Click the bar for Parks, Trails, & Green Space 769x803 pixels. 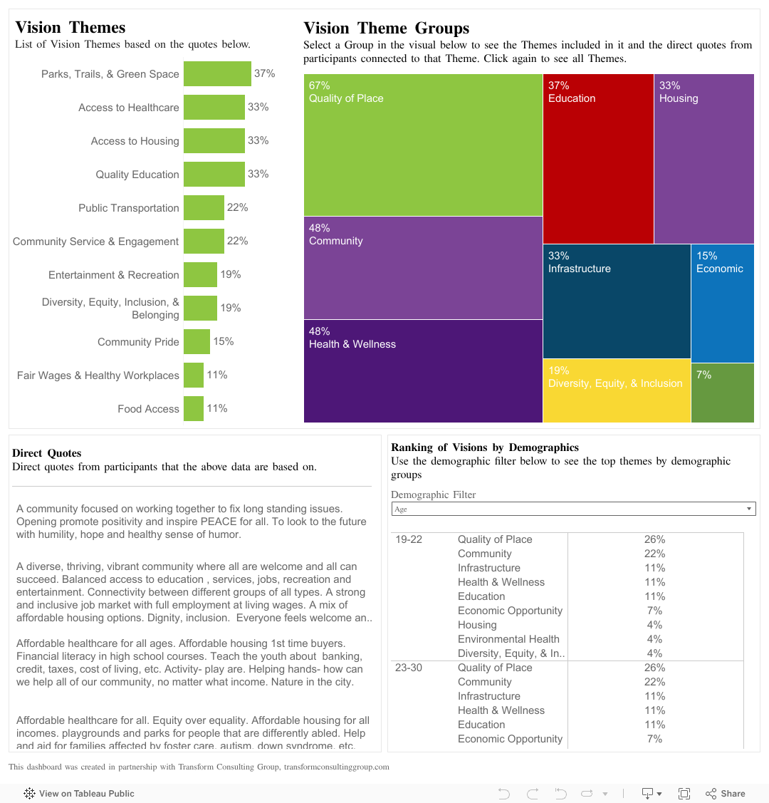[x=217, y=74]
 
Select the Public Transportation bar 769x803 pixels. [x=204, y=208]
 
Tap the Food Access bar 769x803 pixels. [x=194, y=409]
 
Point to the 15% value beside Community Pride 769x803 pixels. [x=224, y=341]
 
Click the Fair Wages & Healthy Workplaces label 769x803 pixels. [x=98, y=375]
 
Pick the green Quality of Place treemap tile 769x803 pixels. [x=423, y=145]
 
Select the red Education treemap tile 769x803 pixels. [x=598, y=158]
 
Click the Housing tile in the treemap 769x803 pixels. [x=703, y=158]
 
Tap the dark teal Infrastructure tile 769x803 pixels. [x=617, y=301]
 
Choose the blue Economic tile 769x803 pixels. [x=722, y=303]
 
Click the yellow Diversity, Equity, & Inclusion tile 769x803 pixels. [x=617, y=390]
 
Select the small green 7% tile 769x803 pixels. [x=722, y=393]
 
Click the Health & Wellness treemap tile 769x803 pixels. [x=423, y=371]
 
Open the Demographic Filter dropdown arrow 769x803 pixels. [x=748, y=509]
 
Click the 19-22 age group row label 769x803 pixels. [x=409, y=539]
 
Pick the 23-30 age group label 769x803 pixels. [x=409, y=668]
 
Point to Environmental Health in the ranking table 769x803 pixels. [x=508, y=639]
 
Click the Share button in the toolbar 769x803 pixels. [x=726, y=793]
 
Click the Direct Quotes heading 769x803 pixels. [x=47, y=453]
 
